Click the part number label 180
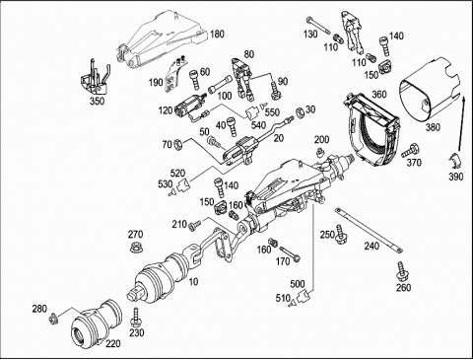point(217,34)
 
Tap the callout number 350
point(98,101)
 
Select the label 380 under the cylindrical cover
point(433,126)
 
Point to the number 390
point(456,177)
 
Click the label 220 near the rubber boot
point(113,343)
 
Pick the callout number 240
point(372,246)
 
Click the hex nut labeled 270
point(135,248)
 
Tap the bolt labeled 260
point(400,271)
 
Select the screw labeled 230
point(135,318)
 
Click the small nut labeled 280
point(52,320)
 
